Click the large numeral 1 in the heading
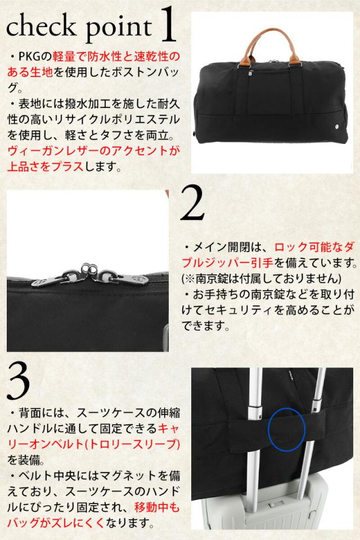(168, 24)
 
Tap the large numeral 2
(192, 203)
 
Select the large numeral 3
(18, 381)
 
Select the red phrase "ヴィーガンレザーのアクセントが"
(93, 151)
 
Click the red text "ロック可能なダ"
(314, 247)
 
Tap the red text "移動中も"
(157, 507)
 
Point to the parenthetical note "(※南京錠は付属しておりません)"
(262, 278)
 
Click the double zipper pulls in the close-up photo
(90, 275)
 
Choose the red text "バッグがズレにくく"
(56, 523)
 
